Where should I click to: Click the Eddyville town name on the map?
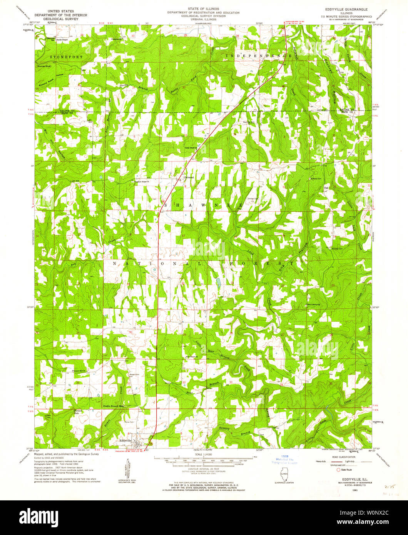(x=126, y=440)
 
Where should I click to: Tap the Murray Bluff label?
(x=45, y=66)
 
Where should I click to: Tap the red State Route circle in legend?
(x=339, y=470)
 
